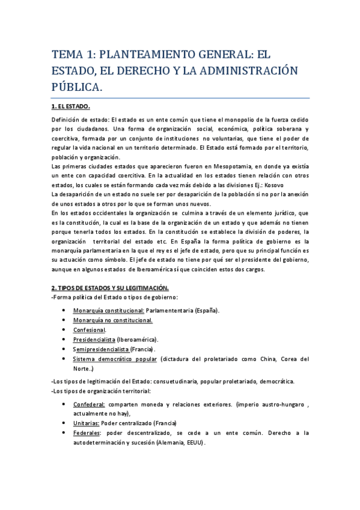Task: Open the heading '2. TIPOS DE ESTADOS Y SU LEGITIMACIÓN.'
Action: (x=110, y=288)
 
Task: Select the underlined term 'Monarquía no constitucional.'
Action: (x=112, y=320)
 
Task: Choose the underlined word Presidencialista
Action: (x=94, y=339)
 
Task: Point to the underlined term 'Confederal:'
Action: (x=88, y=404)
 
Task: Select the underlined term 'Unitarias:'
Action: (x=87, y=423)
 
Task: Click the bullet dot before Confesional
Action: (x=64, y=330)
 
